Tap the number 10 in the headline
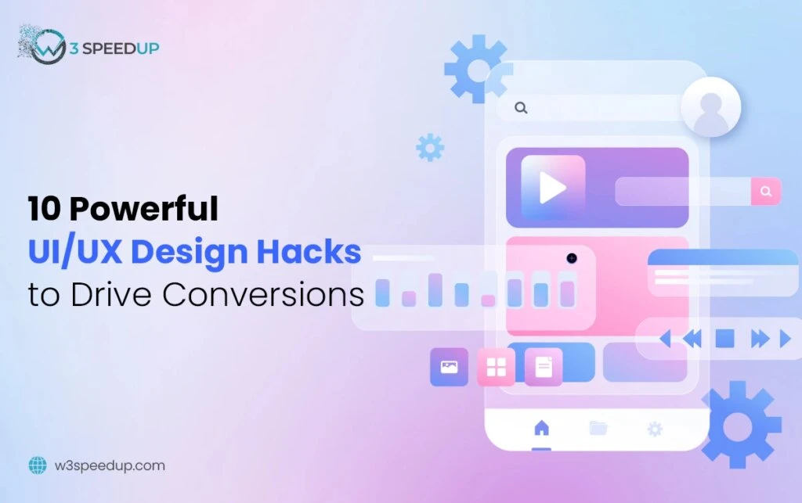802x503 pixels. pos(45,210)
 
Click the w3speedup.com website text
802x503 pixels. pos(109,465)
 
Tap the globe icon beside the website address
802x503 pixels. pos(37,465)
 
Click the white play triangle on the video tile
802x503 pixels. pos(553,188)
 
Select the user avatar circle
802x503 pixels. pos(710,107)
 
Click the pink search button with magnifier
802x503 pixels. pos(765,191)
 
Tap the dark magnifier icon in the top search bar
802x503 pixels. pos(521,108)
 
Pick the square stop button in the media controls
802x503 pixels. pos(724,339)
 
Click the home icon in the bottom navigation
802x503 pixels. pos(541,428)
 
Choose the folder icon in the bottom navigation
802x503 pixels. pos(598,428)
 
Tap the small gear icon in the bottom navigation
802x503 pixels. pos(655,429)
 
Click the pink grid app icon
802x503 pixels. pos(496,367)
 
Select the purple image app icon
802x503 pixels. pos(449,367)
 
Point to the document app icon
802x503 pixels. pos(544,367)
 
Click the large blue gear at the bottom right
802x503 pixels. pos(740,424)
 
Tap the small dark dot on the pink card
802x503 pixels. pos(572,258)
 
